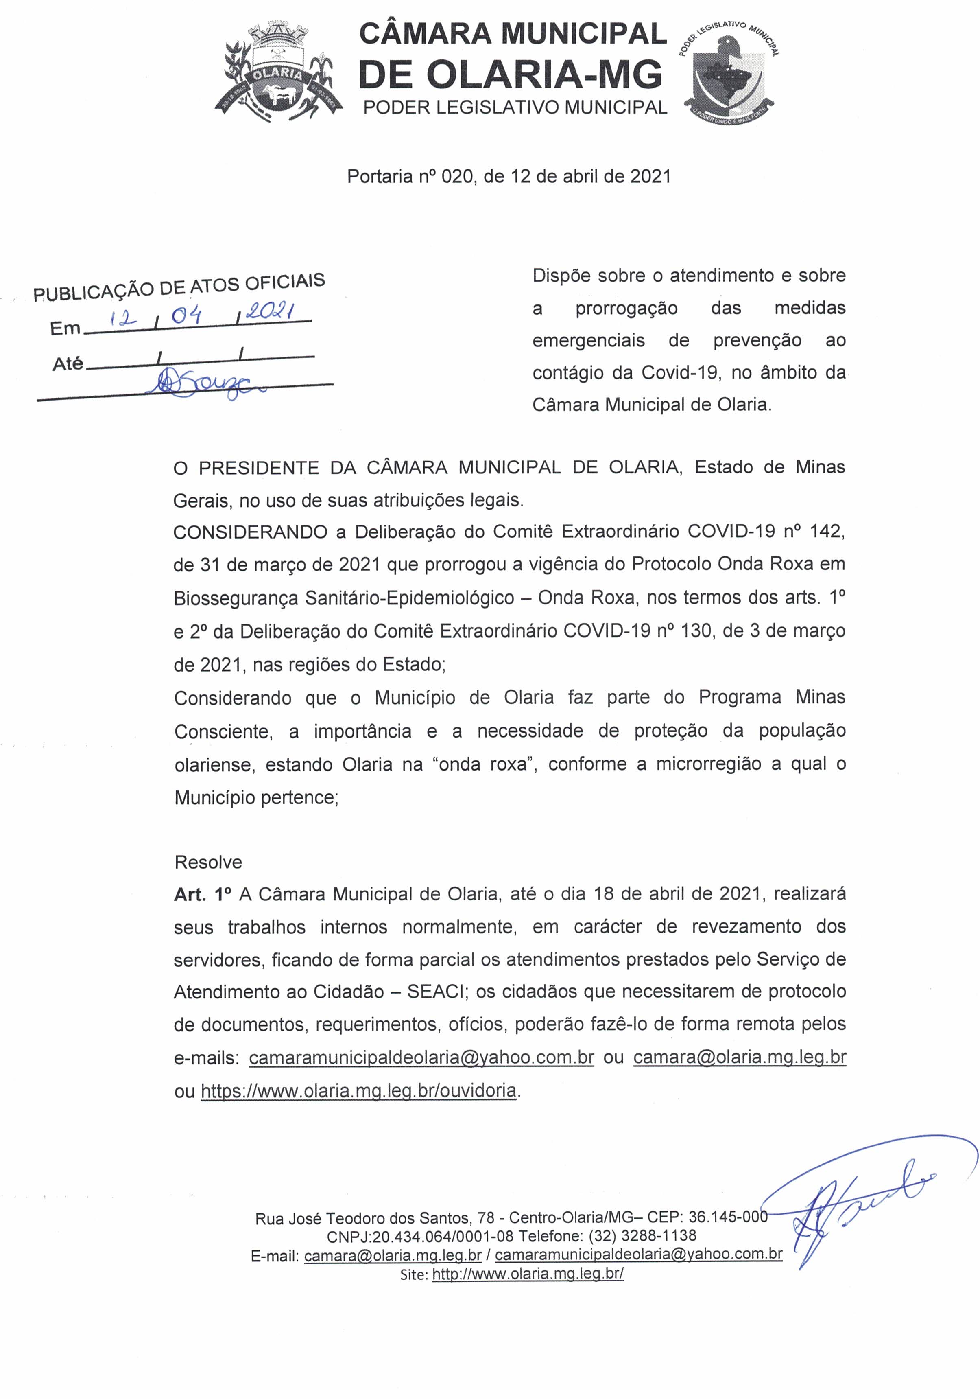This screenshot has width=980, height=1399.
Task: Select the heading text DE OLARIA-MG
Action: coord(511,74)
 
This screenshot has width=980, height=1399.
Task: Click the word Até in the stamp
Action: coord(68,364)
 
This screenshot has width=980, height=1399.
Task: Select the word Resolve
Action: coord(208,862)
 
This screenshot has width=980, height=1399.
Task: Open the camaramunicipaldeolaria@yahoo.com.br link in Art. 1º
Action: coord(421,1057)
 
